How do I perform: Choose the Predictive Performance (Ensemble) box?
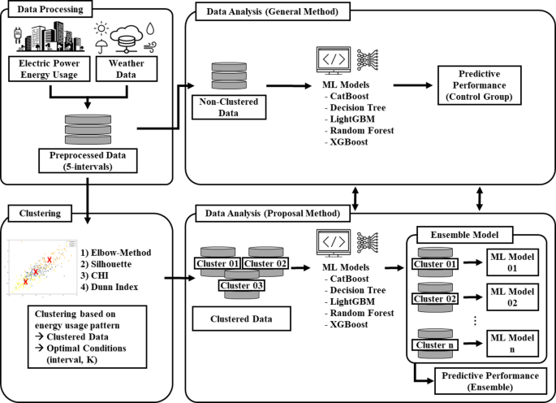tap(480, 380)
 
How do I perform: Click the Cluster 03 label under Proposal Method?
tap(242, 284)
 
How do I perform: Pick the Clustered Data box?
tap(242, 318)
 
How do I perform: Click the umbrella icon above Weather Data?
tap(100, 47)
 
